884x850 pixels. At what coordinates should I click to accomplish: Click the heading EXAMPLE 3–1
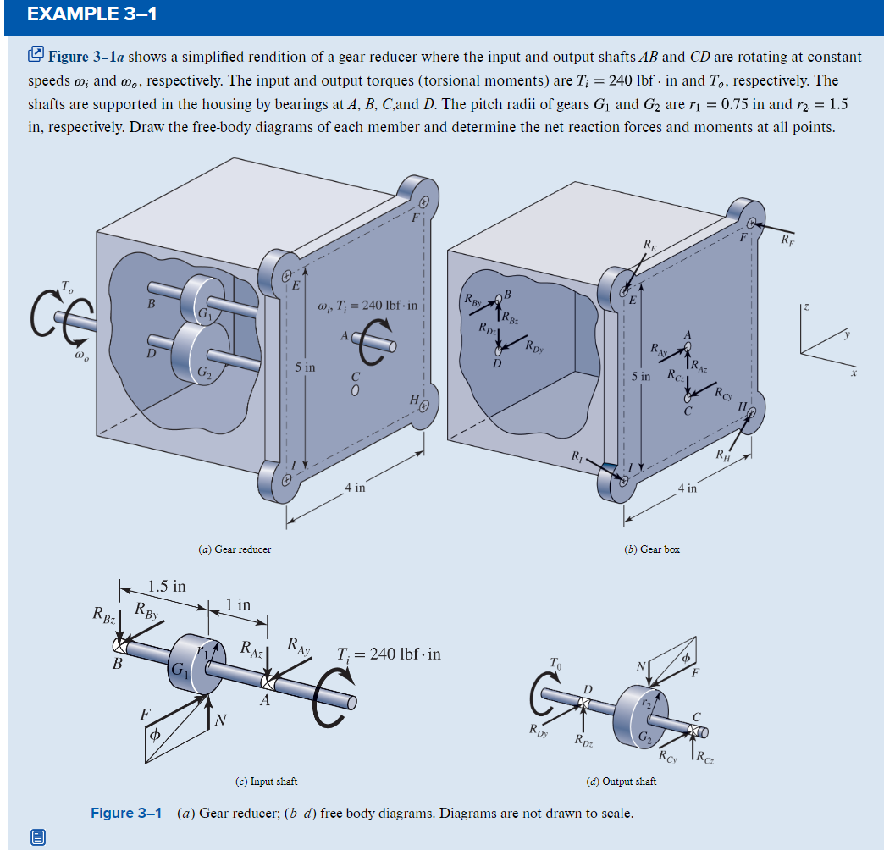[x=80, y=15]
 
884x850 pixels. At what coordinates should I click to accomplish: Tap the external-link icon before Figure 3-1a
[x=36, y=57]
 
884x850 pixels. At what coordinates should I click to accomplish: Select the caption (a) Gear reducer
[x=235, y=549]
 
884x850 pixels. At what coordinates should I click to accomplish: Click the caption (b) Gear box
[x=651, y=549]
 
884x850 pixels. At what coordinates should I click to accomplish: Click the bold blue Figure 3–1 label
[x=126, y=814]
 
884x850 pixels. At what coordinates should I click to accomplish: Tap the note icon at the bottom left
[x=38, y=837]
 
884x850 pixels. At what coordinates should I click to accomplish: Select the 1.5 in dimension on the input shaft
[x=167, y=586]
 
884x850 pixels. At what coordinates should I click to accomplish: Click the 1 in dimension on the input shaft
[x=239, y=604]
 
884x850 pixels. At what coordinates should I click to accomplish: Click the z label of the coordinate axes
[x=808, y=311]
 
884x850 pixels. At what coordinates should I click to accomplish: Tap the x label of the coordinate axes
[x=855, y=372]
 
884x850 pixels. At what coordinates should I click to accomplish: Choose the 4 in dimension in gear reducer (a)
[x=355, y=488]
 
